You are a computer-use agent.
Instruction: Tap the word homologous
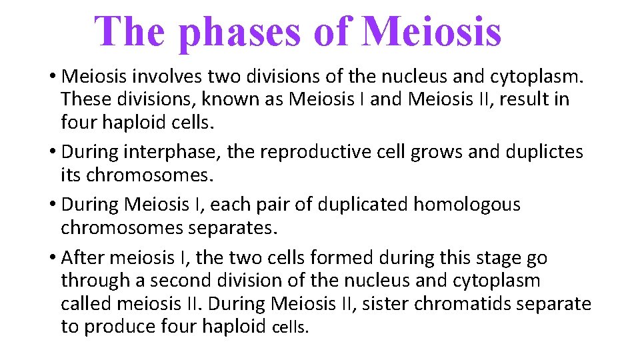(467, 204)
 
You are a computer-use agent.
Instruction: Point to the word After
(84, 257)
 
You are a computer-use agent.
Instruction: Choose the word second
(180, 281)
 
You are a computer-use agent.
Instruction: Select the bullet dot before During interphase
(52, 153)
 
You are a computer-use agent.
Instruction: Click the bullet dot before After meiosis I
(52, 257)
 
